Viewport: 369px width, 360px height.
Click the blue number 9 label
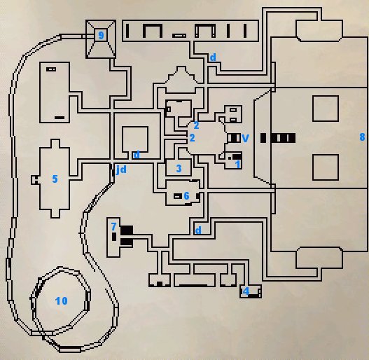101,35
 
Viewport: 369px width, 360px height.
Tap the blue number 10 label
62,300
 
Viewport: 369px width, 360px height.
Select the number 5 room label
55,179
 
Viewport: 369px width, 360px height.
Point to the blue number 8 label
363,137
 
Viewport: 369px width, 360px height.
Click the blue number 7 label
113,226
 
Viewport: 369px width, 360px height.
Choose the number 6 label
187,195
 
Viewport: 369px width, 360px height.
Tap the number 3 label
179,168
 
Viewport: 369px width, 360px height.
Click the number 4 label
246,291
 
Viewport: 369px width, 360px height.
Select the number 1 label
238,165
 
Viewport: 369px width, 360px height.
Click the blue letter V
245,138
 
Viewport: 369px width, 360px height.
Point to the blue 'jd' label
121,169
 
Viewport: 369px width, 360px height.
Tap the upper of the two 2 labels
196,125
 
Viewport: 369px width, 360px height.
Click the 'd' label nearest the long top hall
213,57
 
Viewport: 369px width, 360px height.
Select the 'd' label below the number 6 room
198,230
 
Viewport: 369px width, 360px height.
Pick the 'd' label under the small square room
137,155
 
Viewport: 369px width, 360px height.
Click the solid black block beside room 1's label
237,157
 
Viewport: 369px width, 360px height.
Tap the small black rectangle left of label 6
178,196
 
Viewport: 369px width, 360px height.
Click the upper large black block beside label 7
127,230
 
